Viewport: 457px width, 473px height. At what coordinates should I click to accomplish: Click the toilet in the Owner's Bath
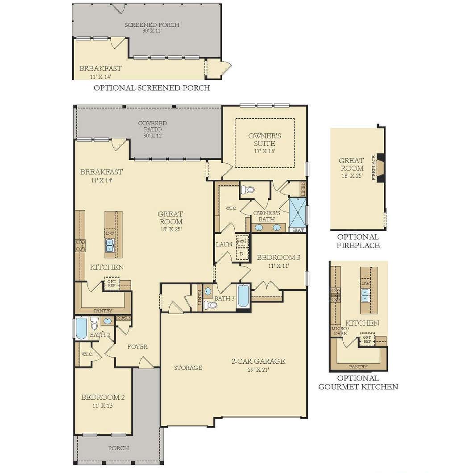click(x=248, y=190)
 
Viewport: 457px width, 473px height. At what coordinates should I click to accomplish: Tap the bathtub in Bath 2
click(x=81, y=328)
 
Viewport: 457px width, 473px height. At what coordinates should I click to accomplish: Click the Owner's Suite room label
click(x=265, y=139)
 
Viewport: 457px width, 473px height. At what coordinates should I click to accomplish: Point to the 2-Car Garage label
click(x=258, y=361)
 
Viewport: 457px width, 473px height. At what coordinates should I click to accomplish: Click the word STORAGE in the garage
click(x=188, y=367)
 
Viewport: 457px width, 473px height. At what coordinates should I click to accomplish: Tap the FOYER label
click(x=137, y=347)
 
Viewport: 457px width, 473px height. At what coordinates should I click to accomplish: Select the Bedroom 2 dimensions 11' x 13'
click(x=103, y=406)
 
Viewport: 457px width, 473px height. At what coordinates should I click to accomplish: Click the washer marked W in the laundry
click(x=242, y=241)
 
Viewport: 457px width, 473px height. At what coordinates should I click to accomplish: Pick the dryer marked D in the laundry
click(x=241, y=254)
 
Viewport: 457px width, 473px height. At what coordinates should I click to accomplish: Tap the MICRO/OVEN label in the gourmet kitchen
click(x=340, y=331)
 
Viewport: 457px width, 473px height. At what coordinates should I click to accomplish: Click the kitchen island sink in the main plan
click(x=109, y=245)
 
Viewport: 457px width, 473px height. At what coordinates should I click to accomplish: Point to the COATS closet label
click(x=123, y=318)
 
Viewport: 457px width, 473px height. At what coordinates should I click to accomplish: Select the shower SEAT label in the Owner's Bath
click(x=298, y=230)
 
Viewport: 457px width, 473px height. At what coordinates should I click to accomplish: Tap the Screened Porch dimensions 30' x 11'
click(x=152, y=30)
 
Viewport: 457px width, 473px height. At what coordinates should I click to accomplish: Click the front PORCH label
click(x=119, y=448)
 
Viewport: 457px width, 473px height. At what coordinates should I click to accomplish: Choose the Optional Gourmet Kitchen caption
click(x=358, y=382)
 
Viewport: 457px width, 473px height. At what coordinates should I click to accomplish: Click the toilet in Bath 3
click(x=211, y=305)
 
